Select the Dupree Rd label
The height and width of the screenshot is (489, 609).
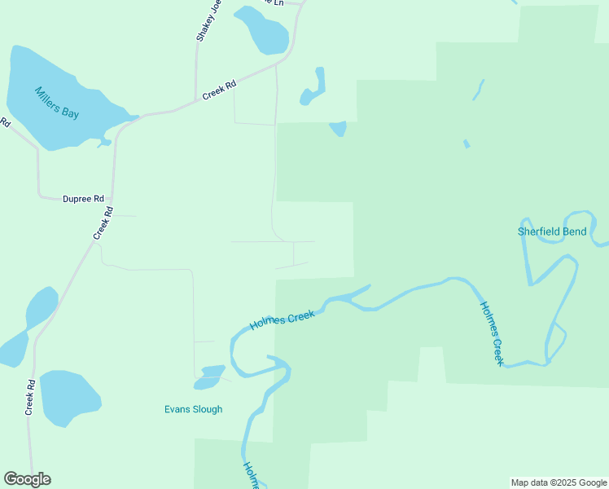pos(84,199)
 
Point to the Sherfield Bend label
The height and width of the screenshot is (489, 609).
pos(552,231)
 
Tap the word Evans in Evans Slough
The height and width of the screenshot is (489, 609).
pos(177,409)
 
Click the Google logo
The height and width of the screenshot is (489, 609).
pos(27,479)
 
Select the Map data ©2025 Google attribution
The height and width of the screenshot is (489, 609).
pos(559,482)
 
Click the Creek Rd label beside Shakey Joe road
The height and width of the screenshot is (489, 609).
pos(219,90)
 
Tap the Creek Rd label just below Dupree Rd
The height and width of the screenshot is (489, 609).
pos(103,222)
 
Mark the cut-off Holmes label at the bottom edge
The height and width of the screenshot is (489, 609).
pos(251,475)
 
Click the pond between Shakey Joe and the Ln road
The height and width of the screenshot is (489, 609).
pos(261,29)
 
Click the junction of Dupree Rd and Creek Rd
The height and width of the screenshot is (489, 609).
pos(112,198)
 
